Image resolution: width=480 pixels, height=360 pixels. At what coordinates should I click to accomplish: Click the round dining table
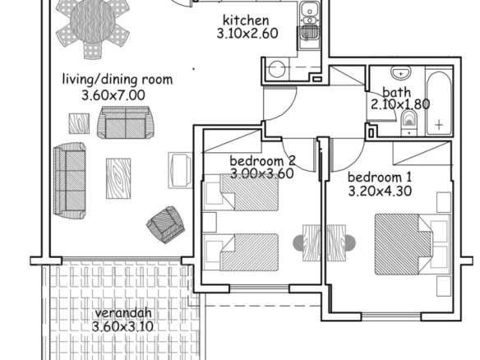pos(93,21)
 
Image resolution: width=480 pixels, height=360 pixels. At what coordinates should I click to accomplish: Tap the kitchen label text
pos(246,21)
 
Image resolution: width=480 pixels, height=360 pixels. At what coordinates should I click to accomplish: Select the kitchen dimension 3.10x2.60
pos(247,33)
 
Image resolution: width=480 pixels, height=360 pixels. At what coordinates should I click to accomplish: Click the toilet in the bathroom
pos(409,122)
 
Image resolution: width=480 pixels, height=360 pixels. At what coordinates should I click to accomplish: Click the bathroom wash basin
pos(401,74)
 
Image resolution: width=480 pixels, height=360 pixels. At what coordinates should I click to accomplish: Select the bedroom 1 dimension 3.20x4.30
pos(380,192)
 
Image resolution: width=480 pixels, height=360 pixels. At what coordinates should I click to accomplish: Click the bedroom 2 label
pos(262,160)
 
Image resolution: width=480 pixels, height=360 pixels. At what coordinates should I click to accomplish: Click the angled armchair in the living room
pos(165,224)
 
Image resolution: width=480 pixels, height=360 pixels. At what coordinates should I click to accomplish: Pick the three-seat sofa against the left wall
pos(70,181)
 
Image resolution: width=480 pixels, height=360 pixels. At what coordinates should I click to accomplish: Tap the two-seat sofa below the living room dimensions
pos(126,122)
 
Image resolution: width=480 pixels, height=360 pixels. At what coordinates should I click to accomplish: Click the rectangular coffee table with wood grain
pos(118,178)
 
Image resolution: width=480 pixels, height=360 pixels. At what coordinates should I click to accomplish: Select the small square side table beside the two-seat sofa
pos(79,123)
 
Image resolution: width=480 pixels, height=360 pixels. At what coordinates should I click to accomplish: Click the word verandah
pos(123,313)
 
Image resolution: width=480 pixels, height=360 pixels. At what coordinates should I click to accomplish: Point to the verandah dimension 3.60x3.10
pos(122,326)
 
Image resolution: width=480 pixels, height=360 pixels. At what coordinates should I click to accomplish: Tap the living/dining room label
pos(118,80)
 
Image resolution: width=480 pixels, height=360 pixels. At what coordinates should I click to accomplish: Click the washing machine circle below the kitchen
pos(277,69)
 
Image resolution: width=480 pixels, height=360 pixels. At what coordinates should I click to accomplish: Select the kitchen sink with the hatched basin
pos(309,33)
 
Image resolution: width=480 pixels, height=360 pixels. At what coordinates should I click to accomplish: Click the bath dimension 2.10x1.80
pos(400,104)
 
